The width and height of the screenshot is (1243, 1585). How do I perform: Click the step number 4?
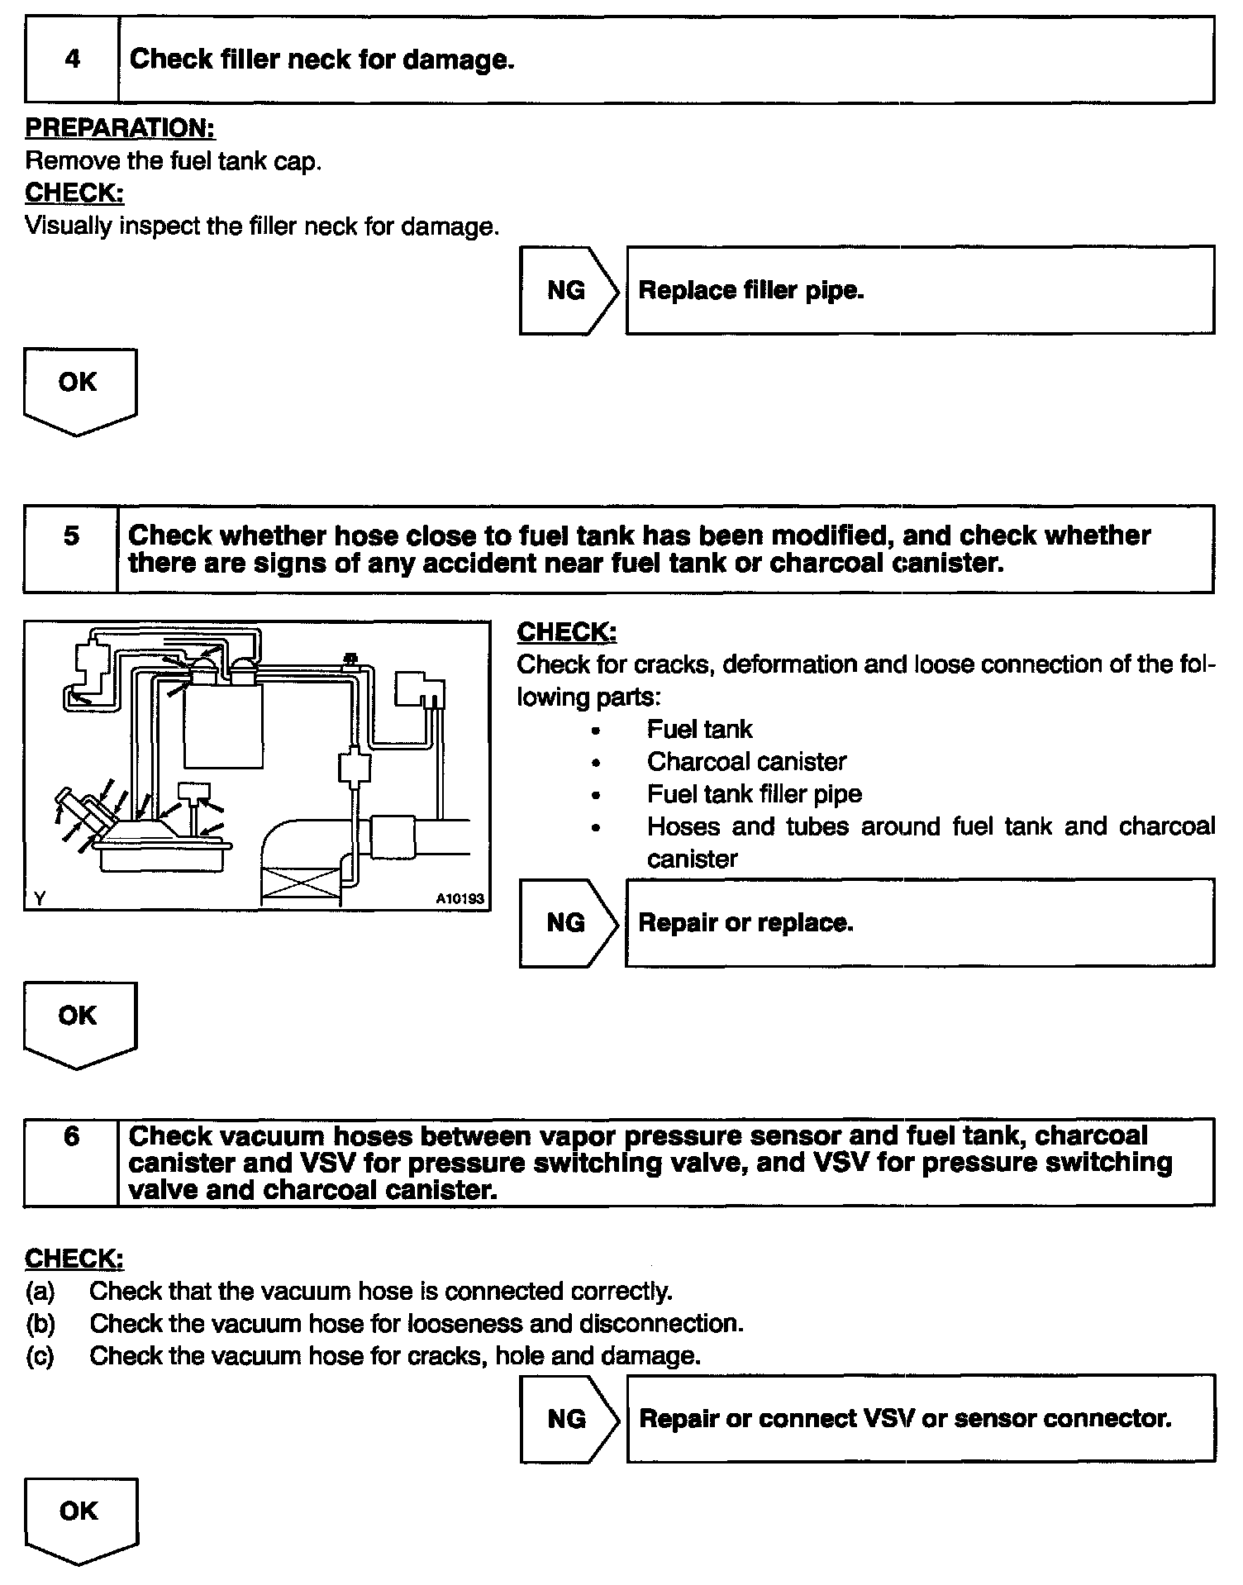click(73, 59)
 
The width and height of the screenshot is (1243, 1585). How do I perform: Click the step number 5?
click(72, 535)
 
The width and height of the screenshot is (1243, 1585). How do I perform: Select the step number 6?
click(72, 1136)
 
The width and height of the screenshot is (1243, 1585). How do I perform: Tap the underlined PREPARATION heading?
click(120, 128)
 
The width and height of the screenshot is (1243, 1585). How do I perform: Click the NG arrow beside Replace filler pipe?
click(568, 290)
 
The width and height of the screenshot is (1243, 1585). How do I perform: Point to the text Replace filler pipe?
click(751, 290)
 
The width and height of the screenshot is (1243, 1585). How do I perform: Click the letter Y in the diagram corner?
click(38, 898)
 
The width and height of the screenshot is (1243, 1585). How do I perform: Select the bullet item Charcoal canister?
click(746, 761)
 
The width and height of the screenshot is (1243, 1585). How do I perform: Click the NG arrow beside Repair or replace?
click(568, 922)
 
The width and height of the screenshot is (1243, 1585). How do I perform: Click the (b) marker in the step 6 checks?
click(40, 1323)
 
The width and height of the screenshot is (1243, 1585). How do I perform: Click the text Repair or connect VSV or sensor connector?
click(905, 1418)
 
